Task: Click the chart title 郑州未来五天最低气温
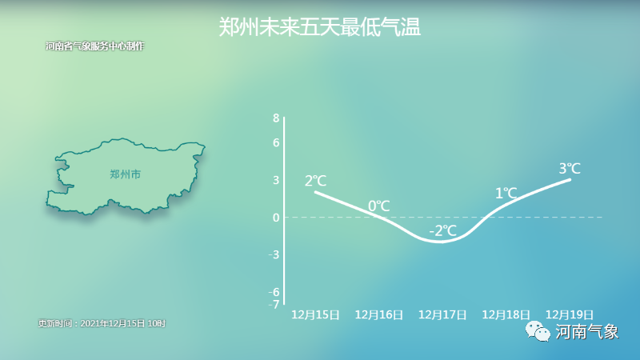click(x=319, y=27)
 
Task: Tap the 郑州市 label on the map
click(x=126, y=174)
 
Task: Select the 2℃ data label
click(x=315, y=181)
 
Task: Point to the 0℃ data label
click(x=378, y=206)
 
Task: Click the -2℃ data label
click(x=443, y=231)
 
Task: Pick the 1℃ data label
click(x=506, y=193)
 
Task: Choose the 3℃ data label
click(x=570, y=168)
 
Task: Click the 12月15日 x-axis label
click(x=315, y=314)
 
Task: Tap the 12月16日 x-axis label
click(x=379, y=314)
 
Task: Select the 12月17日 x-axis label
click(x=442, y=314)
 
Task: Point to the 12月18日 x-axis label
click(x=506, y=314)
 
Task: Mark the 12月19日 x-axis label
click(x=570, y=314)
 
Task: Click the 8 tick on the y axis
click(x=276, y=118)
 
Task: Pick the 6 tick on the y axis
click(x=276, y=142)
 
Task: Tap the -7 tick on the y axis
click(x=274, y=304)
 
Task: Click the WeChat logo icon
click(x=538, y=331)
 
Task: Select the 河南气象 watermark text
click(x=587, y=331)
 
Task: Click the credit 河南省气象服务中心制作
click(x=94, y=46)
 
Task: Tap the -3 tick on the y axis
click(x=274, y=254)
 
